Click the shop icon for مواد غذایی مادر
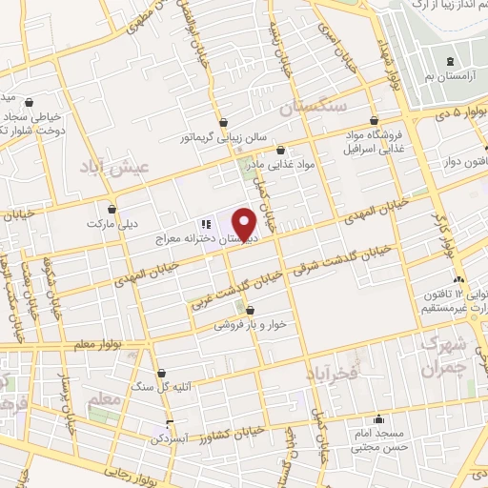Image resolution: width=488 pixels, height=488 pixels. point(280,150)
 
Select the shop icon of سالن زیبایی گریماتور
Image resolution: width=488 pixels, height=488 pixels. point(223,122)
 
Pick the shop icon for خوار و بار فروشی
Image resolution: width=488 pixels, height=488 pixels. point(250,310)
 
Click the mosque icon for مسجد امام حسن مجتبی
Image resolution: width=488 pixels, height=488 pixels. point(379,417)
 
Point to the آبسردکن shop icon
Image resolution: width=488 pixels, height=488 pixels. point(169,425)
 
